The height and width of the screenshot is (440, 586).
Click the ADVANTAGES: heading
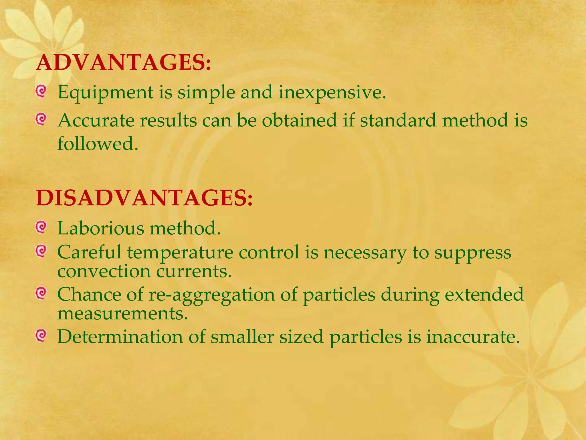pyautogui.click(x=123, y=62)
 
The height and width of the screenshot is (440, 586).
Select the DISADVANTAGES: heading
pyautogui.click(x=144, y=198)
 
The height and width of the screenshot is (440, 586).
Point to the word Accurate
pyautogui.click(x=96, y=120)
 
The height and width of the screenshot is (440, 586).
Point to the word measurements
pyautogui.click(x=122, y=313)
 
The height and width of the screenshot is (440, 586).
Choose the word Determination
pyautogui.click(x=120, y=337)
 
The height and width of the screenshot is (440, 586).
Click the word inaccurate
pyautogui.click(x=473, y=337)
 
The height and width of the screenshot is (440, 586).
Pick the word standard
pyautogui.click(x=398, y=120)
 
